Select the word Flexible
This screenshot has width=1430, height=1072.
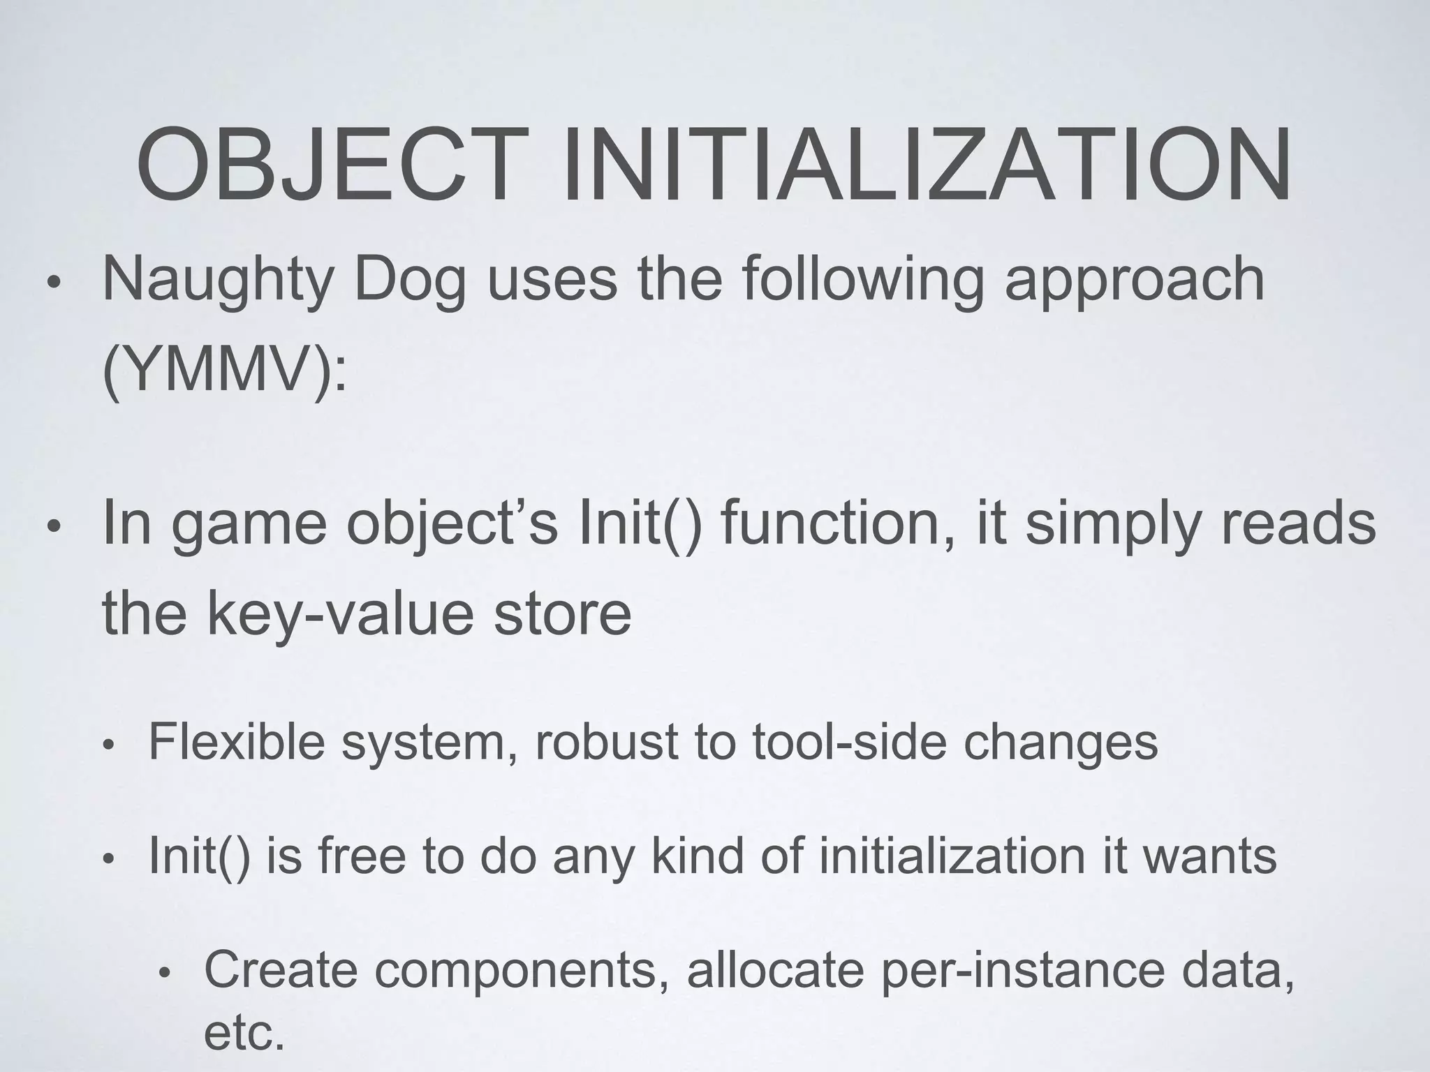click(237, 742)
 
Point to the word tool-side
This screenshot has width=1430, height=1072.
click(849, 742)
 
